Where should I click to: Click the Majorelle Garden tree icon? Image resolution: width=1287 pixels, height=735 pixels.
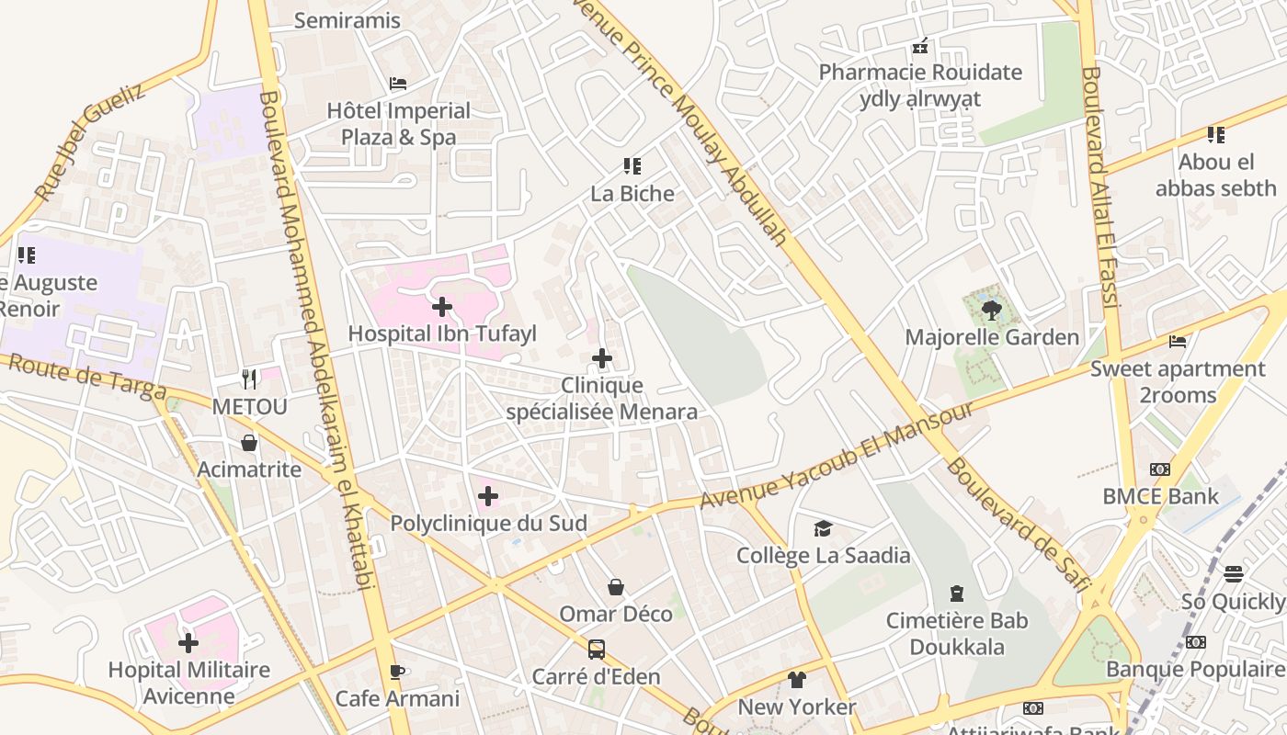click(991, 310)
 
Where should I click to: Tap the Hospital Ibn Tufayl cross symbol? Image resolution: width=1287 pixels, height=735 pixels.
click(442, 306)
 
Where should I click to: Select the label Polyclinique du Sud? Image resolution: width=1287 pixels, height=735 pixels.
click(488, 524)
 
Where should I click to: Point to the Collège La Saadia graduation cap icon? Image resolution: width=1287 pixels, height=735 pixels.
click(823, 528)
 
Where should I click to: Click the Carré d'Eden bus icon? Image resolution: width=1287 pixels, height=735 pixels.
click(597, 650)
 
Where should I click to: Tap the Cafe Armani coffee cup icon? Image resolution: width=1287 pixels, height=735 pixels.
click(397, 672)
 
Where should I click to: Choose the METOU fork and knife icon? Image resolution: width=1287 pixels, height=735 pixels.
click(249, 379)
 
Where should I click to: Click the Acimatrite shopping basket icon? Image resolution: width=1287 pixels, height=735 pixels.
click(249, 443)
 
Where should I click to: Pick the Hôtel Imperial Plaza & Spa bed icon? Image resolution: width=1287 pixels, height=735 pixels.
click(398, 84)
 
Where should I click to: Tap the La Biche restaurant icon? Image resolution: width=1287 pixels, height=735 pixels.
click(632, 166)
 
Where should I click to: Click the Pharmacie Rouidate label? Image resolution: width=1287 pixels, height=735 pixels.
click(920, 73)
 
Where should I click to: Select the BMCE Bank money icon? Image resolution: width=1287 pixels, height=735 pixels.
click(1160, 469)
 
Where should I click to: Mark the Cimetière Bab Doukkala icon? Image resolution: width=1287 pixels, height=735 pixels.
click(957, 594)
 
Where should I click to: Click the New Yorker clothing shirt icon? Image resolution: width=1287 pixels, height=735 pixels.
click(796, 680)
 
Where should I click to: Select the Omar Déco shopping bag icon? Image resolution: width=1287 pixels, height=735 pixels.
click(616, 587)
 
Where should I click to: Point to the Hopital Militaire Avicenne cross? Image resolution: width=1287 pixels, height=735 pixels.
click(188, 642)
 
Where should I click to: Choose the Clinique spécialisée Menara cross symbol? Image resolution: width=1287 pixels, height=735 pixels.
click(602, 358)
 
